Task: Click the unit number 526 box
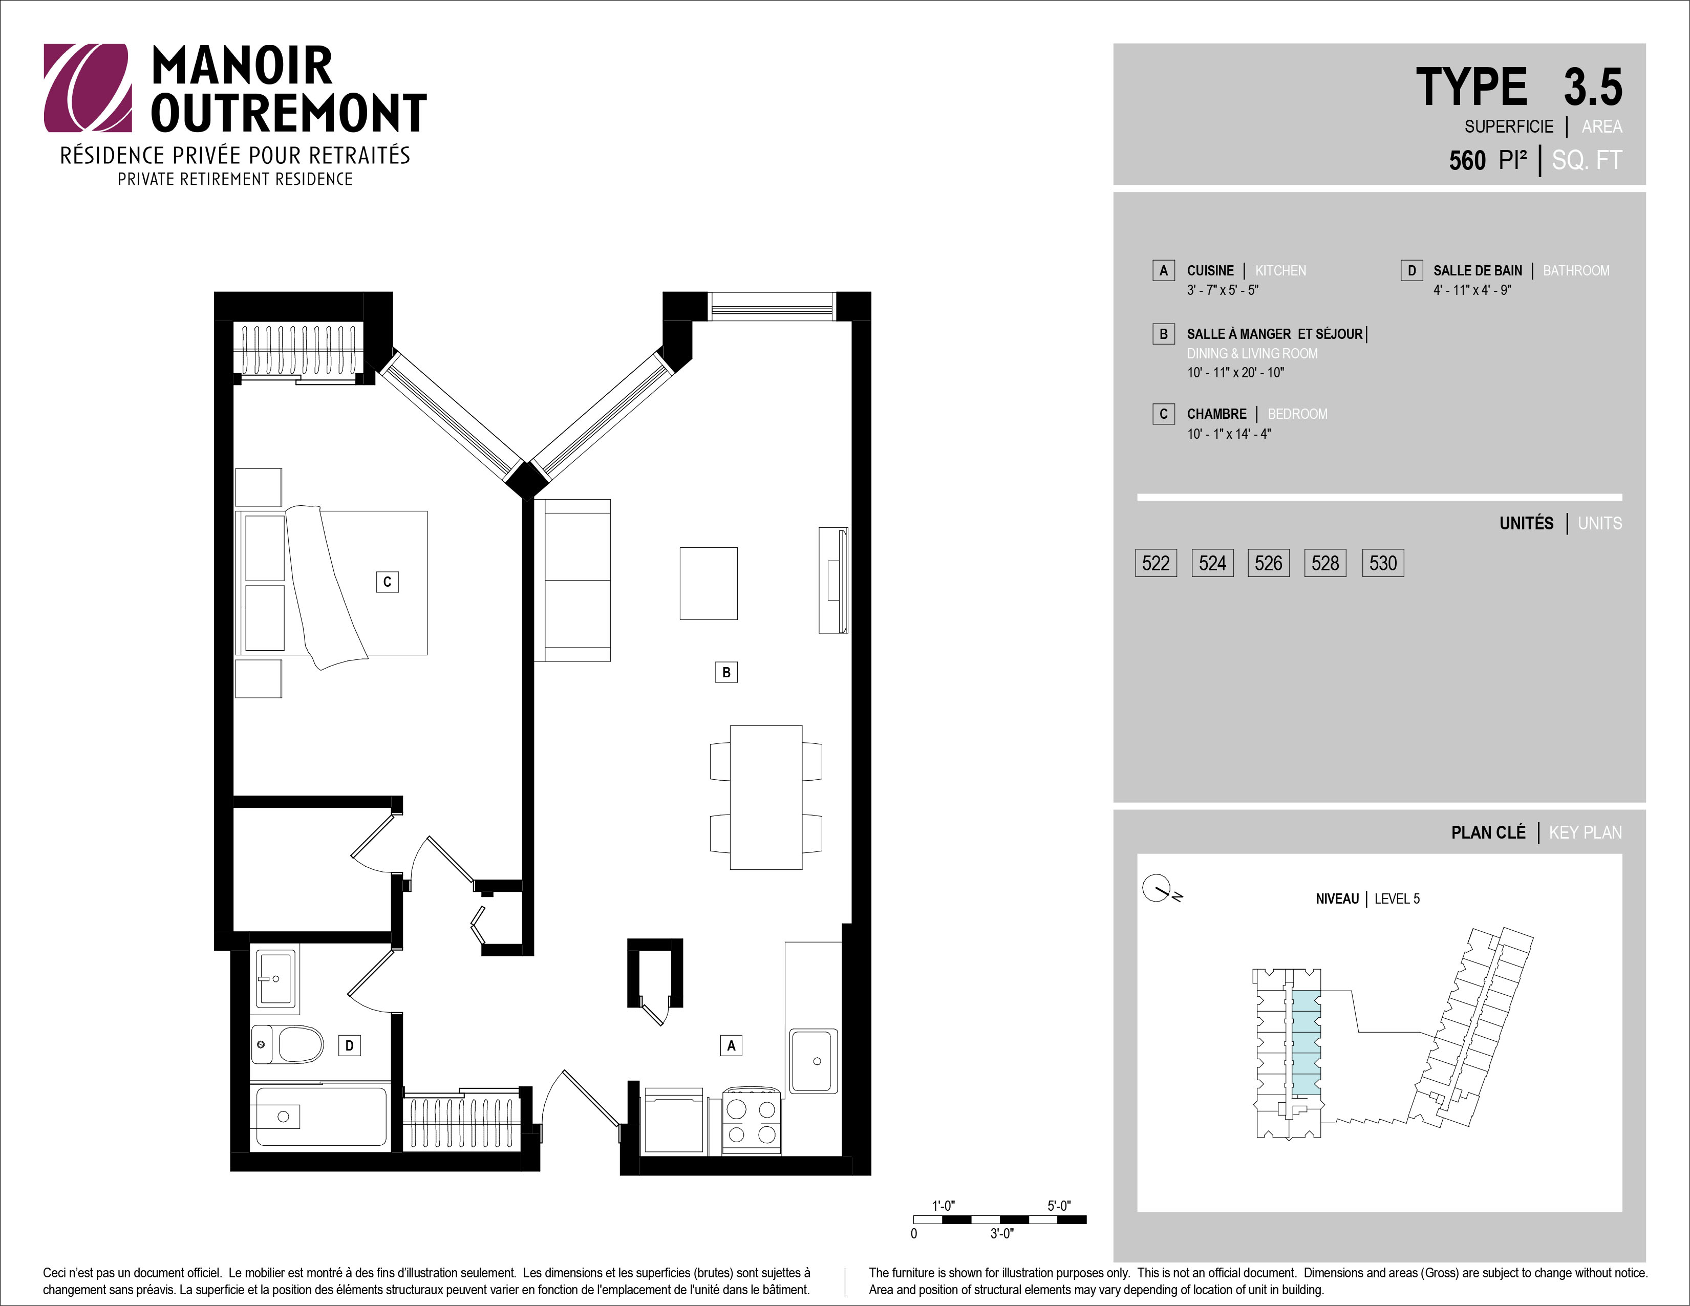tap(1268, 563)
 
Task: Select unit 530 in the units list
tap(1383, 563)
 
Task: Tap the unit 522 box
tap(1156, 563)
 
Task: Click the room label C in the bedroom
tap(387, 582)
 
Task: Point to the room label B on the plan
tap(726, 672)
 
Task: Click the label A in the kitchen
tap(731, 1045)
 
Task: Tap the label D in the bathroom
tap(349, 1046)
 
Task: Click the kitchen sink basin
tap(814, 1061)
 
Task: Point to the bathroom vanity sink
tap(275, 979)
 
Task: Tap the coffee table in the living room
tap(709, 583)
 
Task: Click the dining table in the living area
tap(766, 797)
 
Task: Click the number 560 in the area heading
tap(1467, 160)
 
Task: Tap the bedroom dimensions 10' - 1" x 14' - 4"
tap(1229, 434)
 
